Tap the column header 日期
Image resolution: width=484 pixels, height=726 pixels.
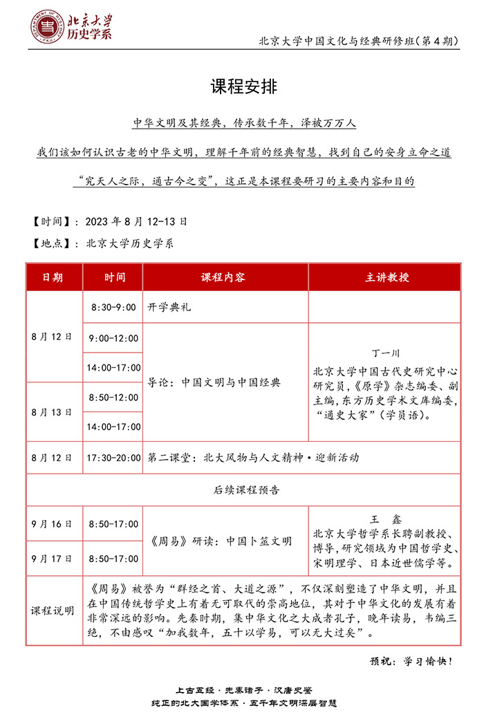(x=53, y=277)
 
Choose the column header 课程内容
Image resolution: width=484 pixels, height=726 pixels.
(x=223, y=277)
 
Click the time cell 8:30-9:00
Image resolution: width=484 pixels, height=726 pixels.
(x=113, y=307)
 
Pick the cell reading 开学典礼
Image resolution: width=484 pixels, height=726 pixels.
(x=169, y=307)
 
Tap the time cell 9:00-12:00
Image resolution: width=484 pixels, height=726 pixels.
(x=113, y=338)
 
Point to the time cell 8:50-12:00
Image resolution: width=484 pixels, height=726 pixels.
(x=113, y=398)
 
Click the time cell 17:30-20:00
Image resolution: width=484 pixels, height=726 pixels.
(x=113, y=458)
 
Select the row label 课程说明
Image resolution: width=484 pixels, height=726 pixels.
(x=53, y=611)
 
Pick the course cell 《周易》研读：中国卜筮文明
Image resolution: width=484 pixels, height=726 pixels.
(x=221, y=541)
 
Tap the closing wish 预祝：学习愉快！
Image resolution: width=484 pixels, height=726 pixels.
(x=411, y=661)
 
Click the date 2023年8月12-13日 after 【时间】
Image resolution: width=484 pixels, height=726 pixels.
(x=136, y=222)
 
